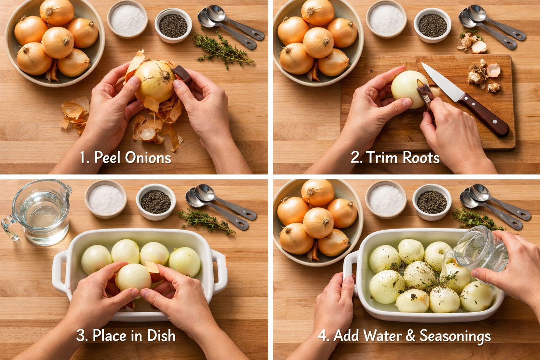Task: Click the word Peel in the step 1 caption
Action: (108, 157)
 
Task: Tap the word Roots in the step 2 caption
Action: (421, 157)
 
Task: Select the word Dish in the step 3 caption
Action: (161, 335)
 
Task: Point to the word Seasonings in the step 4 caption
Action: (455, 336)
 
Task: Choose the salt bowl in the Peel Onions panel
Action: (127, 19)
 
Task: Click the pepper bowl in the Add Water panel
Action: (432, 202)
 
